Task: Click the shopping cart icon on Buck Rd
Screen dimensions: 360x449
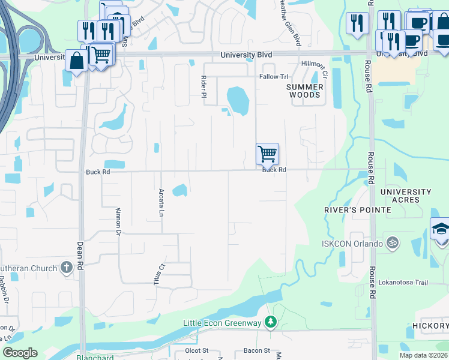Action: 267,154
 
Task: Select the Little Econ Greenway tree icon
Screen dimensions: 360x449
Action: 271,323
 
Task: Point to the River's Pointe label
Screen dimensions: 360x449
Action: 357,210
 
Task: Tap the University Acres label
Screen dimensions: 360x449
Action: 406,196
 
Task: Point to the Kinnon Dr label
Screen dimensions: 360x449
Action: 118,222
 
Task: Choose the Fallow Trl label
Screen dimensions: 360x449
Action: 274,77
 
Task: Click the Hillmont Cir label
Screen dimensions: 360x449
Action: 314,70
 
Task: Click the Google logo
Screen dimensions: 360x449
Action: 20,353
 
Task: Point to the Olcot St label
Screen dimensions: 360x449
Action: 196,350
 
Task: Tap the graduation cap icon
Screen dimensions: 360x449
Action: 440,230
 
